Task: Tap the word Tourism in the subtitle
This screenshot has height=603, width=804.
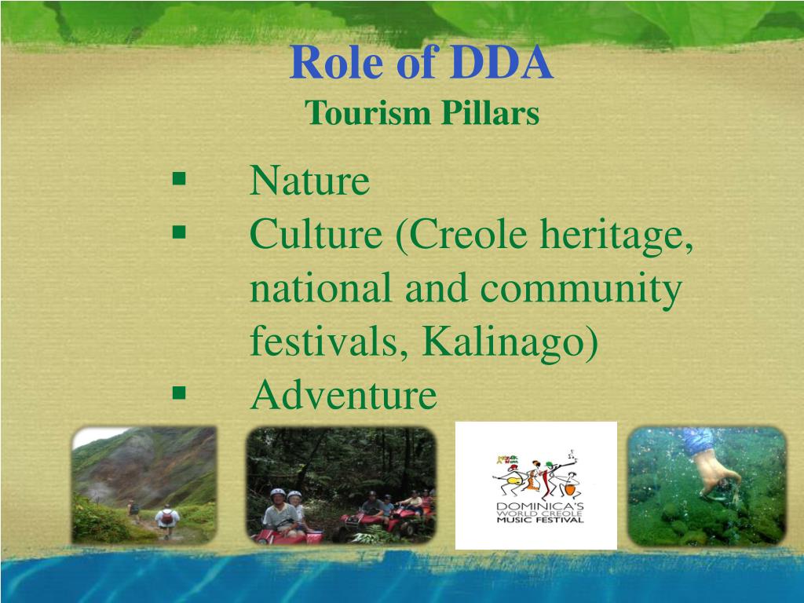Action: click(367, 113)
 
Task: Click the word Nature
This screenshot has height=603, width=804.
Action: click(309, 181)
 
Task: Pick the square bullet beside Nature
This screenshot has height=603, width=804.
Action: click(179, 178)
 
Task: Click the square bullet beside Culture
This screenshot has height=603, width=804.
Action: click(179, 232)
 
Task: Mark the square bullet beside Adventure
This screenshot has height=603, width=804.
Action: click(179, 393)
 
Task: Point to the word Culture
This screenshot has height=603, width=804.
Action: click(316, 234)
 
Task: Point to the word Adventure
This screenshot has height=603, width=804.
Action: click(344, 395)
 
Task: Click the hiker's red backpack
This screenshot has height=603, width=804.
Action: click(167, 517)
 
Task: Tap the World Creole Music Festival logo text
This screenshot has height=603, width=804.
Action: click(539, 513)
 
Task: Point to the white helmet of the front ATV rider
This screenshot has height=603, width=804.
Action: click(277, 493)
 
